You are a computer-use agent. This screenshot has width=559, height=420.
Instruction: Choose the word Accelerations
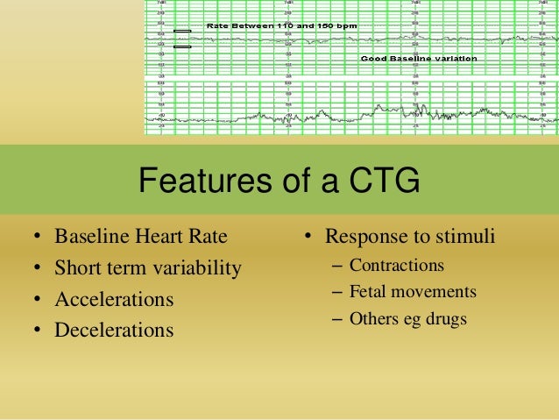(x=114, y=300)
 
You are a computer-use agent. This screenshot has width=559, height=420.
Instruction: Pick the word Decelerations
(x=114, y=331)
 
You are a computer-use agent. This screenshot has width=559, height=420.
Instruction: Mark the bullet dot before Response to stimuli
(x=309, y=238)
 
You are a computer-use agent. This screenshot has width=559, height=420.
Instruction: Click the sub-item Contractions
(x=396, y=265)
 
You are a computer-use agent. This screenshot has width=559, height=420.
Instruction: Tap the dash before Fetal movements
(x=337, y=293)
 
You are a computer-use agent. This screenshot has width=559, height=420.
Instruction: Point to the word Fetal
(x=369, y=292)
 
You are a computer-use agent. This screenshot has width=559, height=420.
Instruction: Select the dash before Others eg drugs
(x=337, y=320)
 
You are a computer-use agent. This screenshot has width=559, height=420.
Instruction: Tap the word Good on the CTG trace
(x=377, y=58)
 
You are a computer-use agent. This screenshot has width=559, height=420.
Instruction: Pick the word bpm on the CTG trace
(x=348, y=26)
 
